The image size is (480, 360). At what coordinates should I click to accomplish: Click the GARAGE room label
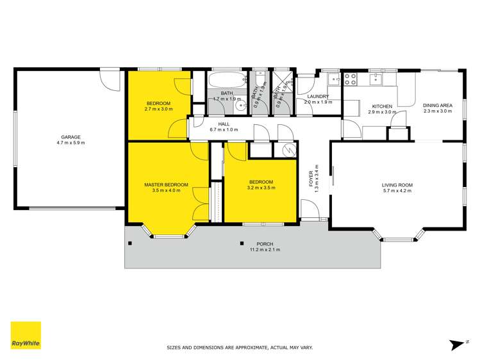pos(70,137)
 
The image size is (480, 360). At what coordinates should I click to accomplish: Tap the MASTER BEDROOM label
pos(166,184)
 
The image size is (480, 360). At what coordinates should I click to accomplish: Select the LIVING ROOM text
pos(397,184)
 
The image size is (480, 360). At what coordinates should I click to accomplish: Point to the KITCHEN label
pos(383,106)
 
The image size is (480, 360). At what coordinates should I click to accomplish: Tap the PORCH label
pos(265,244)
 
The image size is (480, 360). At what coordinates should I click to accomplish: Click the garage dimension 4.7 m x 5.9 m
pos(70,143)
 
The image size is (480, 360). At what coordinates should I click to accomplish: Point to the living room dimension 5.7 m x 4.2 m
pos(397,190)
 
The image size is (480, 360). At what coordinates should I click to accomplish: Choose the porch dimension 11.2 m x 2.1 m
pos(265,250)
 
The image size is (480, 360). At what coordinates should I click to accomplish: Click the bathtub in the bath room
pos(226,81)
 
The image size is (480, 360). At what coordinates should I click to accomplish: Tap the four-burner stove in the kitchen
pos(351,79)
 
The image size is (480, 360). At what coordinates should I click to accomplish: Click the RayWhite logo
pos(26,336)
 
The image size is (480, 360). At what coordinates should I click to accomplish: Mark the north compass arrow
pos(458,345)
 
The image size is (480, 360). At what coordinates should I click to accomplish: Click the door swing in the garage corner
pos(110,80)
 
